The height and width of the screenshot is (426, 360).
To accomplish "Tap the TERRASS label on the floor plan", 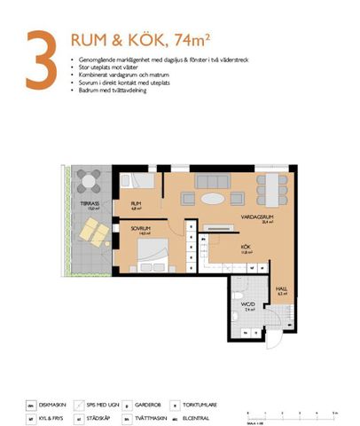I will pos(89,205).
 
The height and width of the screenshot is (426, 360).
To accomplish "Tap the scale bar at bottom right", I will pos(290,414).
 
